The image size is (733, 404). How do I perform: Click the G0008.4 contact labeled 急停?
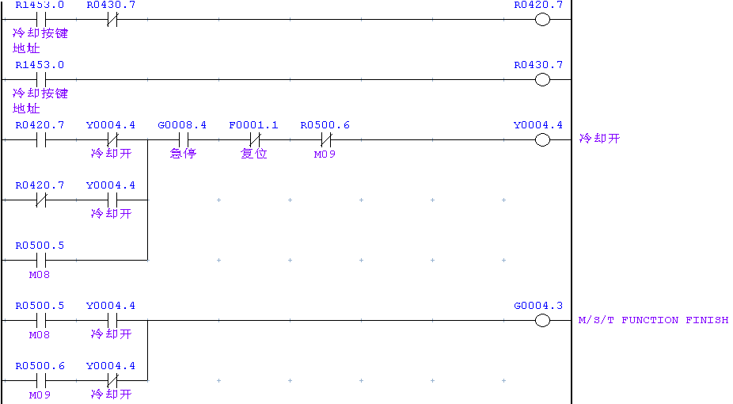click(183, 139)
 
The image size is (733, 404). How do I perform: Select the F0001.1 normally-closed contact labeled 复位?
click(254, 139)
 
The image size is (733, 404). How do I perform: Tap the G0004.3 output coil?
click(542, 320)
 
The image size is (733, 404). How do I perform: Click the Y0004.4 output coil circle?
click(542, 139)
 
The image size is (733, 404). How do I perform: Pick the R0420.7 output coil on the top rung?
click(542, 19)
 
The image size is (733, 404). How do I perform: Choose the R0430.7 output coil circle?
click(542, 79)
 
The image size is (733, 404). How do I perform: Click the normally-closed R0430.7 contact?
click(112, 19)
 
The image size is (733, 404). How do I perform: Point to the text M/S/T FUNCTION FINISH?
click(653, 320)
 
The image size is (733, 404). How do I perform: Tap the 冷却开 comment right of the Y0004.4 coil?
click(599, 139)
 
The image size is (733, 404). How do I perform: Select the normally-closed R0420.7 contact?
click(40, 200)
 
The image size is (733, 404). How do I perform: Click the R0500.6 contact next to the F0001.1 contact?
click(325, 139)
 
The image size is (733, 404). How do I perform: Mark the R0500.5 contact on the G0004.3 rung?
click(40, 320)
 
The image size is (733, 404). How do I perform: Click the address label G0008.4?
click(182, 125)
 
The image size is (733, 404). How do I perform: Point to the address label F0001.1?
click(253, 125)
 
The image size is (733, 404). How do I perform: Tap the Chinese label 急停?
click(183, 154)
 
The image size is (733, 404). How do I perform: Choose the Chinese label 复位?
click(254, 154)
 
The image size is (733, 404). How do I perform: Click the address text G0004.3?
click(538, 306)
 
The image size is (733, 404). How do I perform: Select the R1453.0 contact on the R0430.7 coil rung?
click(40, 79)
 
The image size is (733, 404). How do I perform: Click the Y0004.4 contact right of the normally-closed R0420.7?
click(112, 200)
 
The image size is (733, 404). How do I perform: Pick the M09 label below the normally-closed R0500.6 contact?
click(325, 154)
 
